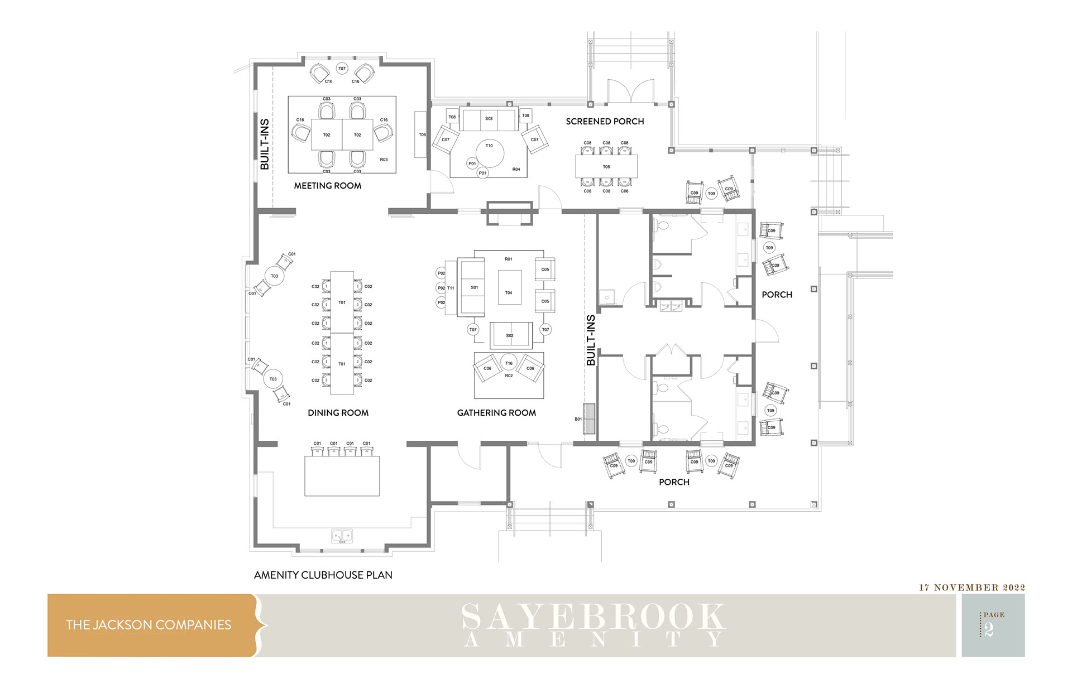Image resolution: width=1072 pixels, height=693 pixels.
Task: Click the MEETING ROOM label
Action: (x=328, y=186)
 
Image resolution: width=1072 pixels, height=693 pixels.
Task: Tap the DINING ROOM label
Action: (x=338, y=413)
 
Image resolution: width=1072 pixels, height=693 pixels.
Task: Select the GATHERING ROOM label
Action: (x=496, y=413)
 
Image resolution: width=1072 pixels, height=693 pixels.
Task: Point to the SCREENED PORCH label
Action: (x=605, y=122)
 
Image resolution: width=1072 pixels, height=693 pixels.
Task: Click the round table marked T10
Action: (x=490, y=152)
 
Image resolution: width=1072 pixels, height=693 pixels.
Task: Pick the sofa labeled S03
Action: (x=489, y=119)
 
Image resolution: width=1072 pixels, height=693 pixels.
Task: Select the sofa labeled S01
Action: (x=471, y=287)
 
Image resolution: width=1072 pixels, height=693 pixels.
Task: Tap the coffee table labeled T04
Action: (x=509, y=287)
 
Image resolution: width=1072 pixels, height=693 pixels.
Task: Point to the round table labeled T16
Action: (x=509, y=363)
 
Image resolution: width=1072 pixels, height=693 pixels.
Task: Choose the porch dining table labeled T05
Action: (x=606, y=166)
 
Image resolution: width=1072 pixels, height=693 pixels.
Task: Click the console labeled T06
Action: (x=420, y=134)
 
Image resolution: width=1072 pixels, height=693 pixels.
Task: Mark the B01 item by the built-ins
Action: (x=589, y=418)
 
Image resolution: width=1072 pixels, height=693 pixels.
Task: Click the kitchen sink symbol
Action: (x=342, y=536)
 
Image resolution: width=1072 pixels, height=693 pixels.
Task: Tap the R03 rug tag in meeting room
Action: (x=384, y=160)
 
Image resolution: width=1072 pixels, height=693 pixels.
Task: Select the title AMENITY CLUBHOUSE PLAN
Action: (x=323, y=575)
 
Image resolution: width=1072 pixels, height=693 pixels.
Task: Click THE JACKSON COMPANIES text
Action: (x=149, y=625)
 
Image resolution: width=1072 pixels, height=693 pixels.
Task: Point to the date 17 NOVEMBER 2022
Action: (x=972, y=588)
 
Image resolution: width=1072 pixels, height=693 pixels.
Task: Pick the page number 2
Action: (x=989, y=630)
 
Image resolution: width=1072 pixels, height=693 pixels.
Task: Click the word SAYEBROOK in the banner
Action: (x=594, y=617)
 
